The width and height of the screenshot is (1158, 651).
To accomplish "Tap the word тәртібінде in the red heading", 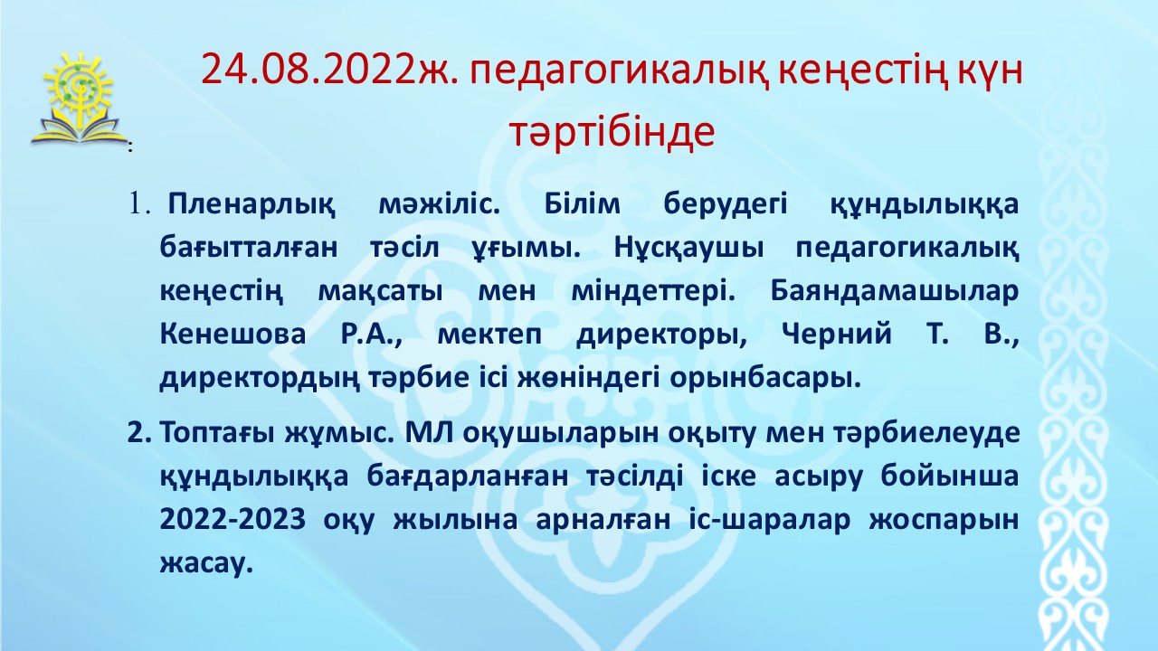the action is [x=612, y=132].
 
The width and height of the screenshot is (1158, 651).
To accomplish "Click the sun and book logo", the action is [x=78, y=99].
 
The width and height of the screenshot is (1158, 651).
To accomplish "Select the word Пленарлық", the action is [x=252, y=205].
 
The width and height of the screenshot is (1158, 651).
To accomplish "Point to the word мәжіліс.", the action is [x=440, y=204].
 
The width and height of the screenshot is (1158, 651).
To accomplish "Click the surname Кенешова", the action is [x=233, y=334].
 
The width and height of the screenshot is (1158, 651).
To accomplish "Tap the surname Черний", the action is [x=837, y=334].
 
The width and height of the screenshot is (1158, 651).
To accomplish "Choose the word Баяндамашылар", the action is [x=895, y=292].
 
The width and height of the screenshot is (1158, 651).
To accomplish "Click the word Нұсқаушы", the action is [x=689, y=249].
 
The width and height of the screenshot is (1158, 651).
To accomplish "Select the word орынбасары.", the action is [x=765, y=379].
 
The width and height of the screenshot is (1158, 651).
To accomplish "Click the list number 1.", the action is [x=139, y=204].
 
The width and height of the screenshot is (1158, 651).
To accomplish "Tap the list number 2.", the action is [x=139, y=433].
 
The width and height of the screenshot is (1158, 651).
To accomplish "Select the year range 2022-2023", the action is [x=233, y=520].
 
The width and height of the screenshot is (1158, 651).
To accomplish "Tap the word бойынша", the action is [x=950, y=476].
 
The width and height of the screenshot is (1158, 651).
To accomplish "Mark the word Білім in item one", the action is [x=582, y=204].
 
